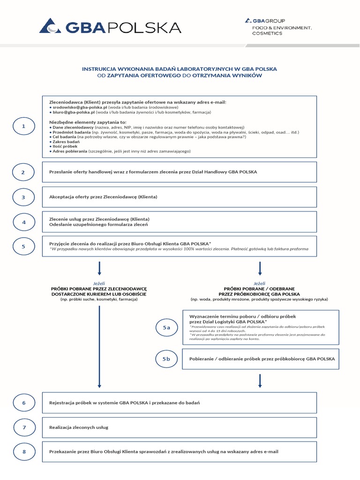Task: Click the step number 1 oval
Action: (x=23, y=127)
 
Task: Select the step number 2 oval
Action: (x=23, y=172)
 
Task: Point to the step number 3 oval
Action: (x=23, y=197)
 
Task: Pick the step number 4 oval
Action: (x=23, y=222)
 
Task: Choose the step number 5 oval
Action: (x=23, y=247)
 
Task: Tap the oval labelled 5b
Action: (x=166, y=359)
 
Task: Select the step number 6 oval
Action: (x=23, y=403)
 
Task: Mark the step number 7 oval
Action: (x=23, y=427)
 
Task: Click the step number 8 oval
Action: (x=23, y=452)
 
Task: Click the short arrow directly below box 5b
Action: (x=260, y=381)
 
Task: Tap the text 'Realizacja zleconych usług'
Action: (x=79, y=427)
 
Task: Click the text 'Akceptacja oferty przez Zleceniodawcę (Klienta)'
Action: (x=103, y=197)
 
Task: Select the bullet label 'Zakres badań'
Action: (x=66, y=142)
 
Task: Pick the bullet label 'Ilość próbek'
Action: (x=66, y=146)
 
